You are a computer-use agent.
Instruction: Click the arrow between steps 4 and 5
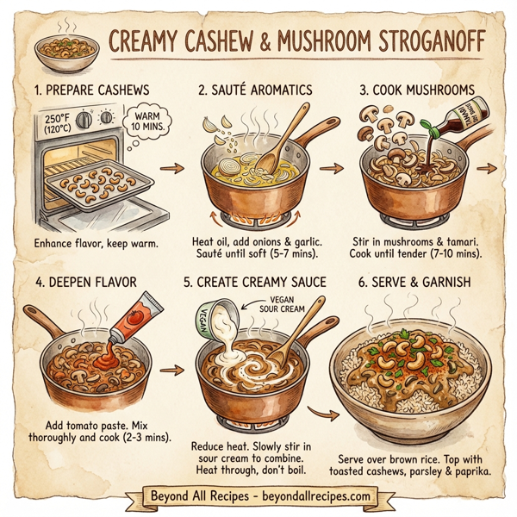coord(173,370)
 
